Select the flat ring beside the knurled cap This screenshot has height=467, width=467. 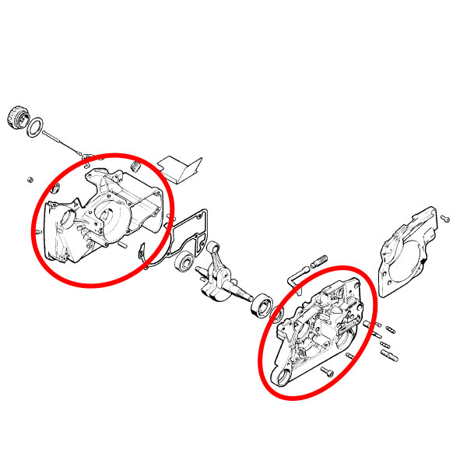(x=35, y=127)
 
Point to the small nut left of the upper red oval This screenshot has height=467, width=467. (x=30, y=180)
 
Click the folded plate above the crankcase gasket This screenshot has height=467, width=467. (x=181, y=167)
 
